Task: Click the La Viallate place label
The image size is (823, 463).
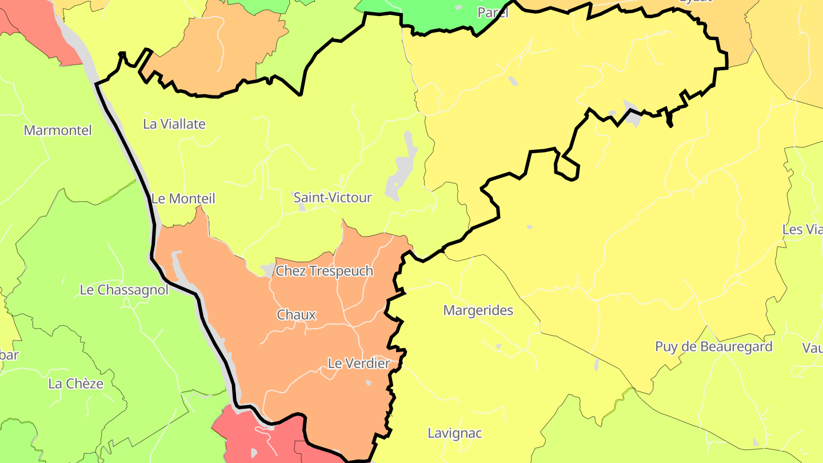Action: coord(174,124)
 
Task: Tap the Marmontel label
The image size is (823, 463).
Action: coord(57,130)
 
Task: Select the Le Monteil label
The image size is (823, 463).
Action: coord(183,199)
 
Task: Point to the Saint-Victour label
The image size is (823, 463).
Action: coord(332,198)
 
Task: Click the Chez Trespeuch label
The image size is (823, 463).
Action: coord(324,271)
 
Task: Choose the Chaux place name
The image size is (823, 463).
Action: coord(296,315)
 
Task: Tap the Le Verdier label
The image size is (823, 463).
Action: coord(358,363)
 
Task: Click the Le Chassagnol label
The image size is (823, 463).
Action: coord(124,290)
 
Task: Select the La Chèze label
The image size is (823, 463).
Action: coord(75,384)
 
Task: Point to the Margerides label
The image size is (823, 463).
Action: coord(478,310)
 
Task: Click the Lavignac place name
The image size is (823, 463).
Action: coord(454,433)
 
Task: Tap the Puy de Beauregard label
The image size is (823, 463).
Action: coord(713,347)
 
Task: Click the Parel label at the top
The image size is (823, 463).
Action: coord(492,13)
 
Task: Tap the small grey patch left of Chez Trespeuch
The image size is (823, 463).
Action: coord(267,269)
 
